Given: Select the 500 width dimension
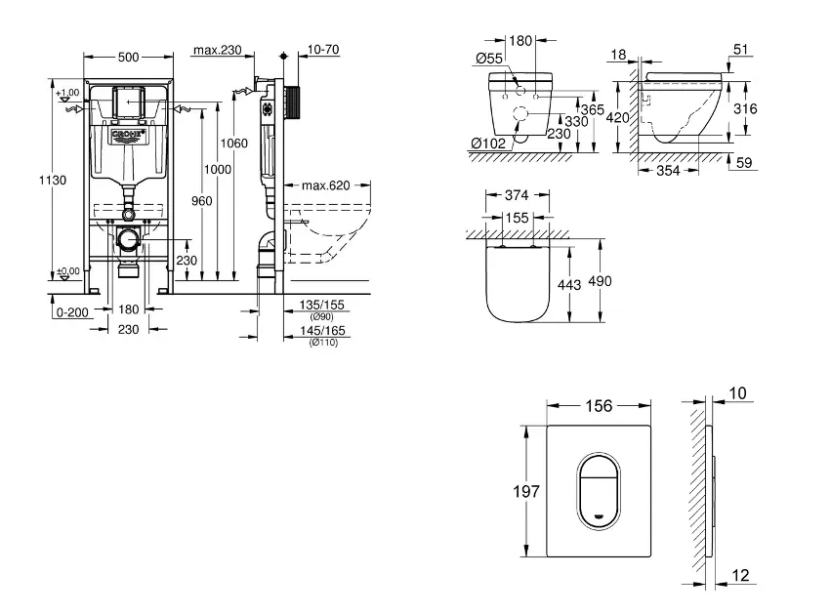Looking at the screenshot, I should (x=129, y=58).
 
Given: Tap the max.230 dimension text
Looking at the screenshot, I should (x=216, y=50).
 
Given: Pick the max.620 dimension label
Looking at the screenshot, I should (x=325, y=184).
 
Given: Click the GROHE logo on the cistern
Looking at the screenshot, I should (x=128, y=134).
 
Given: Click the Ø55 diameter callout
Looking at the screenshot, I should (x=489, y=60).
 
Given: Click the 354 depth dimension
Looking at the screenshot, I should (x=668, y=172).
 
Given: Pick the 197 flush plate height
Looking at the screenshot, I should (x=526, y=493).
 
